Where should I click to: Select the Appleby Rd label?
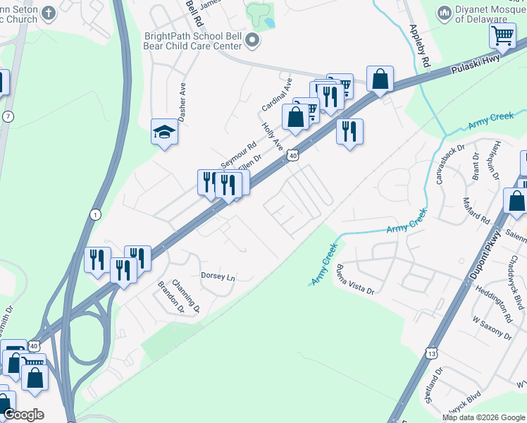[x=419, y=47]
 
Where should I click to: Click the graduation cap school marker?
[x=164, y=132]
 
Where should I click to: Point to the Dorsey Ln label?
[x=218, y=276]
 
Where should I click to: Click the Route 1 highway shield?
[x=96, y=214]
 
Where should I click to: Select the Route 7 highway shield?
[x=8, y=116]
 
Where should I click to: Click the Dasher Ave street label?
[x=182, y=103]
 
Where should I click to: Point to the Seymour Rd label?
[x=238, y=154]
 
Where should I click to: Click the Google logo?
[x=23, y=415]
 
